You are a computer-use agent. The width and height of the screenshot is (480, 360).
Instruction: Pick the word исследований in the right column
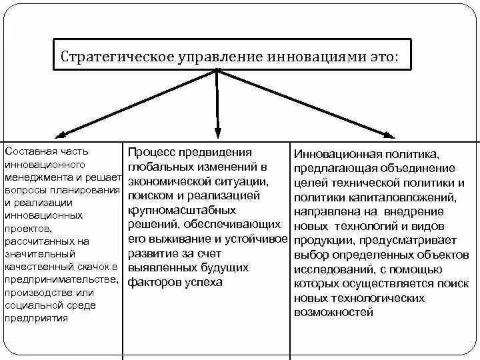pyautogui.click(x=331, y=269)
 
